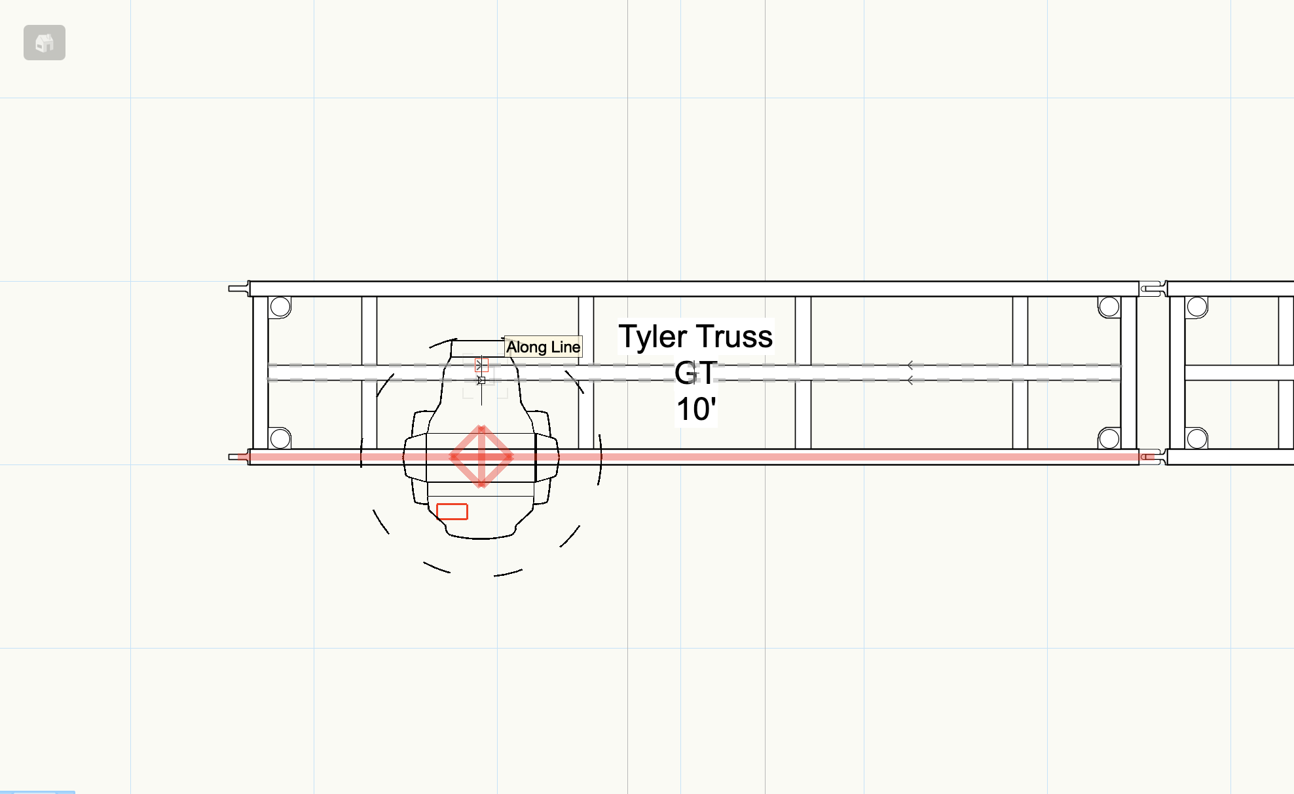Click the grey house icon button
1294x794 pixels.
point(45,43)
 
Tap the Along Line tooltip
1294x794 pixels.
point(544,347)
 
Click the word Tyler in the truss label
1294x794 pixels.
point(653,337)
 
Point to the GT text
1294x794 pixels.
point(696,373)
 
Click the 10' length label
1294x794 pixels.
point(696,409)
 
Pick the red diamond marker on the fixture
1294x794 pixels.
point(481,457)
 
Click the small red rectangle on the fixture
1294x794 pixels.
point(452,512)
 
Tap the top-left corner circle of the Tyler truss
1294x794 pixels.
point(280,307)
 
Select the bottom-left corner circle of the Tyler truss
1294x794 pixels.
point(280,438)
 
